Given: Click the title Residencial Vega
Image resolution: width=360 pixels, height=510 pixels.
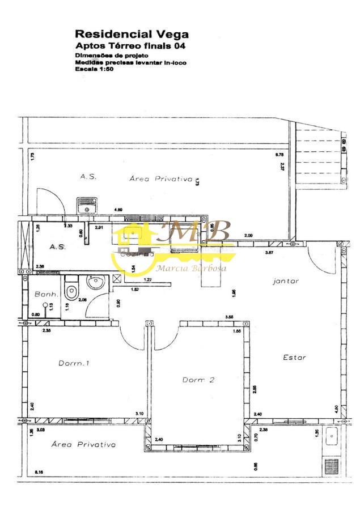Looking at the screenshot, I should (132, 35).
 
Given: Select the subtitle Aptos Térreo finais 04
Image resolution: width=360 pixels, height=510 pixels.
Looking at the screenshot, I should (131, 45).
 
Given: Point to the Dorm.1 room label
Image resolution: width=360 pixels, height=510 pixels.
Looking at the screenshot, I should (74, 363).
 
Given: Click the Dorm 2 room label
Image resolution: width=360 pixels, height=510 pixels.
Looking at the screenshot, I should (198, 380).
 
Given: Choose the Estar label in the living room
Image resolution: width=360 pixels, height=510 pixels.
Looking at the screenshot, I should (294, 358).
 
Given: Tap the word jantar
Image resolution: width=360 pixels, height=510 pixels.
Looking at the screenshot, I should (285, 280).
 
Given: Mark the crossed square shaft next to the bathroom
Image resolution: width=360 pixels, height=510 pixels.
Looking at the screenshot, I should (117, 278).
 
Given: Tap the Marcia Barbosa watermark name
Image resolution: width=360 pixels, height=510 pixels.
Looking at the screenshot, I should (191, 268).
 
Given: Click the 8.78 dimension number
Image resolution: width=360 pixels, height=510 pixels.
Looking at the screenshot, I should (279, 154).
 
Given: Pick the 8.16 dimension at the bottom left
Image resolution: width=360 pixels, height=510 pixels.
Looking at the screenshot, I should (39, 471).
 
